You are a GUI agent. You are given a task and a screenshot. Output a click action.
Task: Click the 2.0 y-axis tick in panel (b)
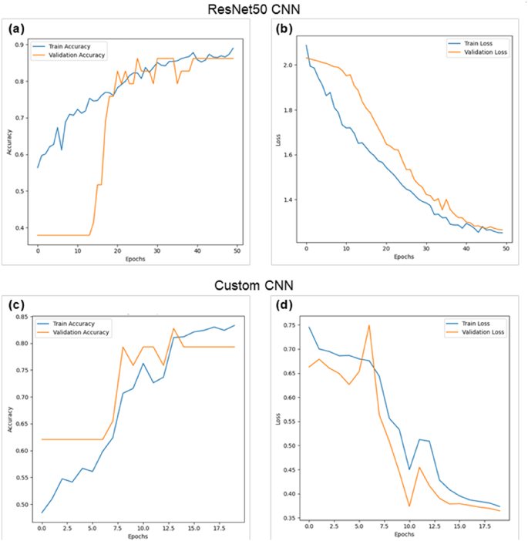coord(289,66)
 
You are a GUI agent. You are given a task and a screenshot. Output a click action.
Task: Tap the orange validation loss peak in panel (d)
coord(368,325)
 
